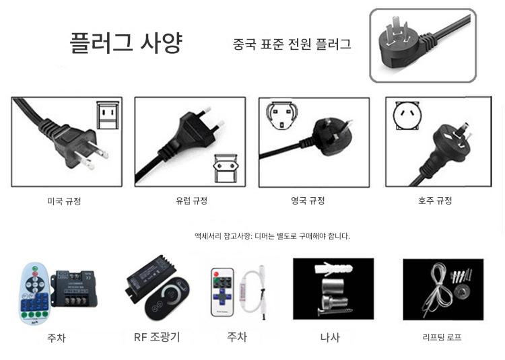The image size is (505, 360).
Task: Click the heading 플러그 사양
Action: click(x=127, y=42)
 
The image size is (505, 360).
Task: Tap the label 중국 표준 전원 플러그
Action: click(x=292, y=44)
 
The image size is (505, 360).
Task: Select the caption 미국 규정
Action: click(x=64, y=201)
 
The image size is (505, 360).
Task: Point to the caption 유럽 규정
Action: click(x=192, y=201)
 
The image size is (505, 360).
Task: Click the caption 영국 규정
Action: click(x=308, y=201)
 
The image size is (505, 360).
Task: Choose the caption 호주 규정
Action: click(x=435, y=201)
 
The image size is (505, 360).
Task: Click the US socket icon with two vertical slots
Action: click(x=108, y=115)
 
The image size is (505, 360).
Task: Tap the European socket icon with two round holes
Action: click(x=226, y=168)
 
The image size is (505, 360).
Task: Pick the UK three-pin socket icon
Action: click(x=281, y=115)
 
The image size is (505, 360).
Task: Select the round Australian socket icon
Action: click(x=407, y=115)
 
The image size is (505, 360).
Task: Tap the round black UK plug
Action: click(x=332, y=137)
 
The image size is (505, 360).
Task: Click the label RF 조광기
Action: click(x=157, y=337)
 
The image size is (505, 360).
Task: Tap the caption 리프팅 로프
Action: click(x=442, y=338)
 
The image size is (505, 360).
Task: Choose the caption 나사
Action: click(x=330, y=338)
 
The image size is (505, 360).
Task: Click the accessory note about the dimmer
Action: click(x=272, y=236)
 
